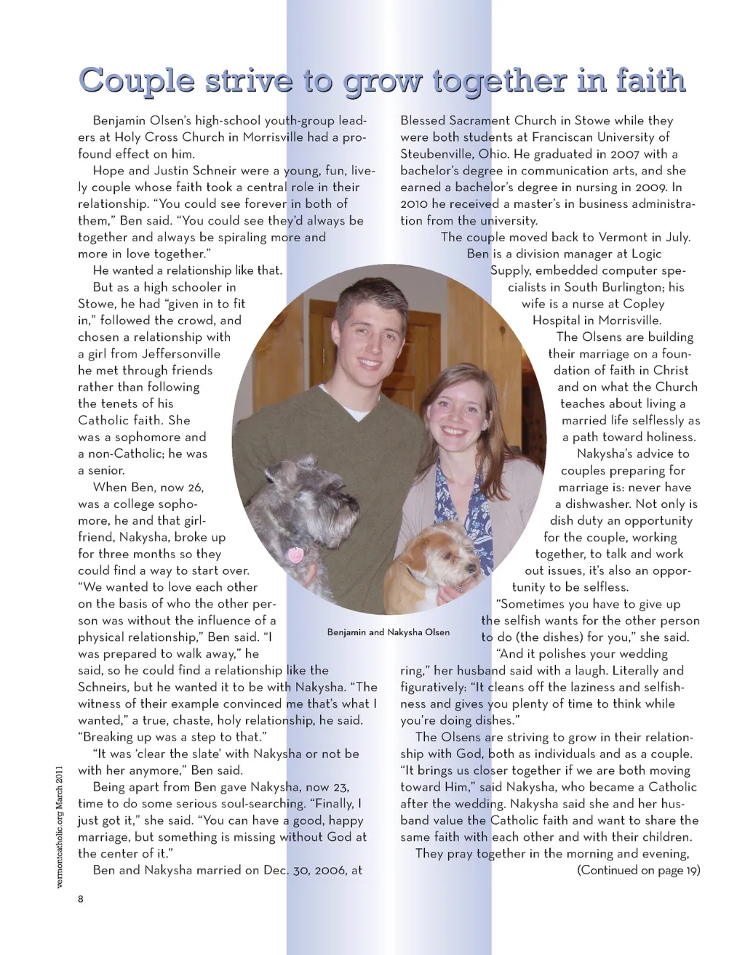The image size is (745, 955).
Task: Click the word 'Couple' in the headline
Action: point(137,81)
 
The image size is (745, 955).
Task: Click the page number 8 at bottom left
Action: point(81,899)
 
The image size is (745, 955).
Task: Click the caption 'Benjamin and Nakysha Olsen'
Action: point(388,632)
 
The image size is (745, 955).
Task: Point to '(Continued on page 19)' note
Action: point(638,870)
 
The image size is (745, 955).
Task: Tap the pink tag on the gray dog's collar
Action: point(295,556)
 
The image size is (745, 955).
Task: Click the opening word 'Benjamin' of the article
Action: point(120,121)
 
